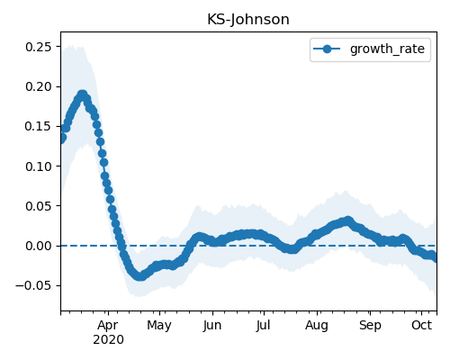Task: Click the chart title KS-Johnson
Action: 248,20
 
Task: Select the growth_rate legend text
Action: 387,49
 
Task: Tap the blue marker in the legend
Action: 327,49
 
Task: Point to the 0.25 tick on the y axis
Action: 39,47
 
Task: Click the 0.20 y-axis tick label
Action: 39,86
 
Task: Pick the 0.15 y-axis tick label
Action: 39,126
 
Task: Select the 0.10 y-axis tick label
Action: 39,166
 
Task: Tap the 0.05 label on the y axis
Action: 39,206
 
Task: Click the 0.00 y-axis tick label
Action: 39,246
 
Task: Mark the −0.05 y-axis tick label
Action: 34,285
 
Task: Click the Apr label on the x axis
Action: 108,326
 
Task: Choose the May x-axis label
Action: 159,326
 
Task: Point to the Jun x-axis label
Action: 212,326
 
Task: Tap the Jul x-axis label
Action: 263,326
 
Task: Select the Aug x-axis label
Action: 317,326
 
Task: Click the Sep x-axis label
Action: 370,326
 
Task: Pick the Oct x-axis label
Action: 421,325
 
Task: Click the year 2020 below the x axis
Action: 108,340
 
